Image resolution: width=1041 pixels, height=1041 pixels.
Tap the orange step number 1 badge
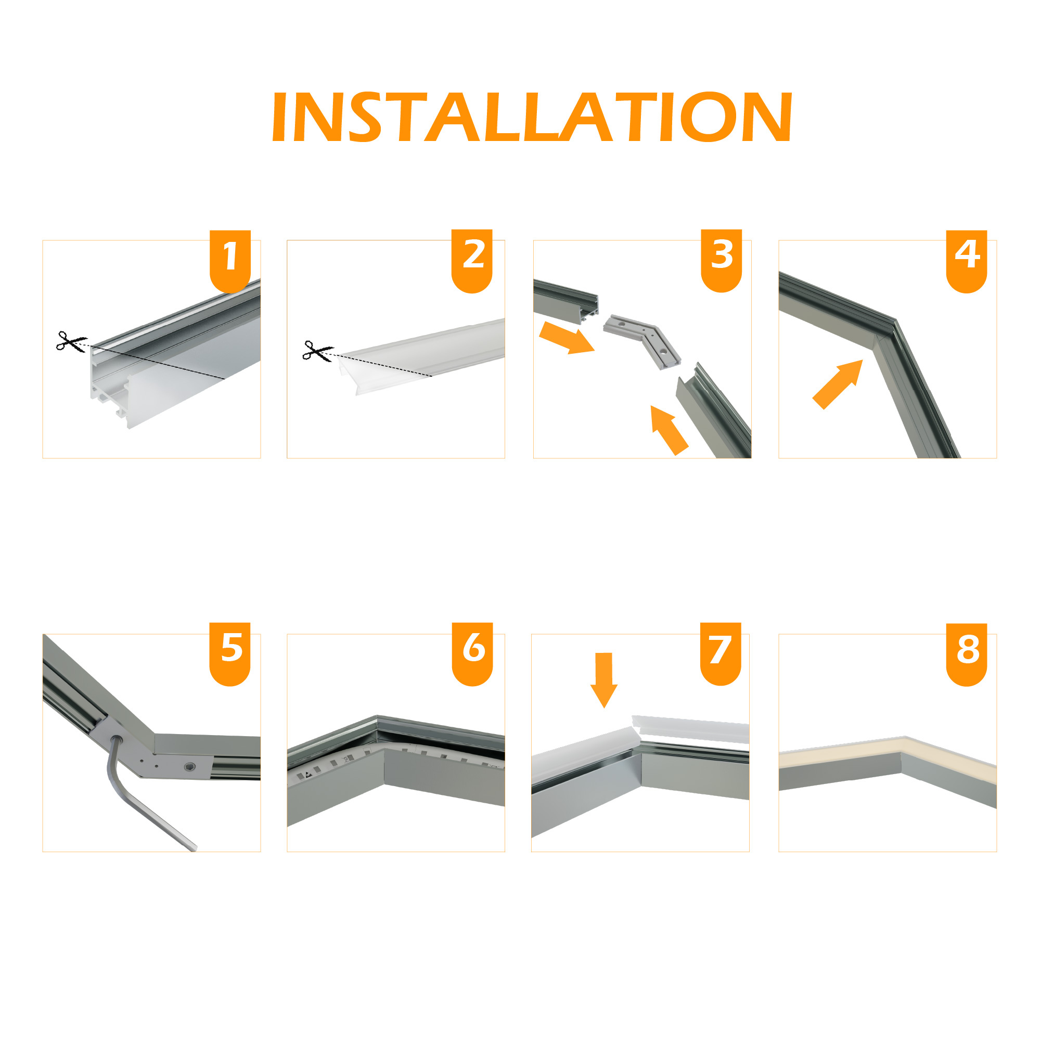pos(230,261)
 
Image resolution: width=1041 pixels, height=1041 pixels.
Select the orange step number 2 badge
pos(472,261)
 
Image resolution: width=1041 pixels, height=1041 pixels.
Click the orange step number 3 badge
pos(722,261)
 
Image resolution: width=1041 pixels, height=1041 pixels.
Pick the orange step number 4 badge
pos(967,261)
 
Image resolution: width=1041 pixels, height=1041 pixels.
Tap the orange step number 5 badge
pos(230,654)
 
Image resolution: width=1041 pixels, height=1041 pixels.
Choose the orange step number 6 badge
pos(472,654)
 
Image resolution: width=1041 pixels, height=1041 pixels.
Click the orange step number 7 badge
pos(721,654)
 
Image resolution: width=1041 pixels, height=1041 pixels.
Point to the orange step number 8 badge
pos(967,654)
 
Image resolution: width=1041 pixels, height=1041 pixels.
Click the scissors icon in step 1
pos(72,342)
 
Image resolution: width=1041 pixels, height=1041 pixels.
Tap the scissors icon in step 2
pos(318,351)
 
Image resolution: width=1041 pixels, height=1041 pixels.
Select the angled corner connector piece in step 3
pos(642,341)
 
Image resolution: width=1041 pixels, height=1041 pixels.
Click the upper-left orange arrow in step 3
pos(567,338)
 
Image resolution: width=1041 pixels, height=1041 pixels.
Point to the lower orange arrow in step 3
pos(668,430)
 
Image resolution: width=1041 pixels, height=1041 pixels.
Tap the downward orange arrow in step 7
pos(604,680)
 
